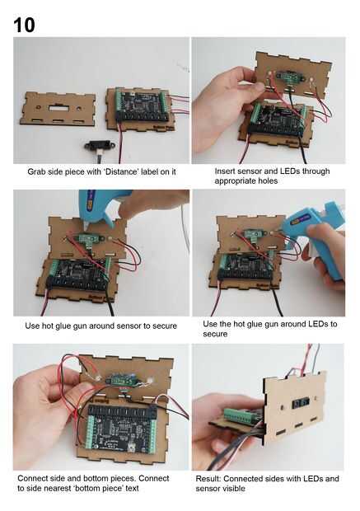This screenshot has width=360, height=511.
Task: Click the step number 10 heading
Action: click(24, 25)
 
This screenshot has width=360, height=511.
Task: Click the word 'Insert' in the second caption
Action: click(224, 171)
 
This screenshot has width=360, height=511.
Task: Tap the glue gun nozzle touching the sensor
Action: click(86, 227)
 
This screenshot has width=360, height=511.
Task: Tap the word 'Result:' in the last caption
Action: click(208, 479)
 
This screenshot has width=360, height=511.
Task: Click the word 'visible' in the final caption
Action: click(232, 489)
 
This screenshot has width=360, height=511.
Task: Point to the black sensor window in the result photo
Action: click(299, 404)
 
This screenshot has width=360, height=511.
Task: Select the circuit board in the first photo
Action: click(142, 106)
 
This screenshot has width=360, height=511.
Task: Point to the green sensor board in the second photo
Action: click(289, 77)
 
